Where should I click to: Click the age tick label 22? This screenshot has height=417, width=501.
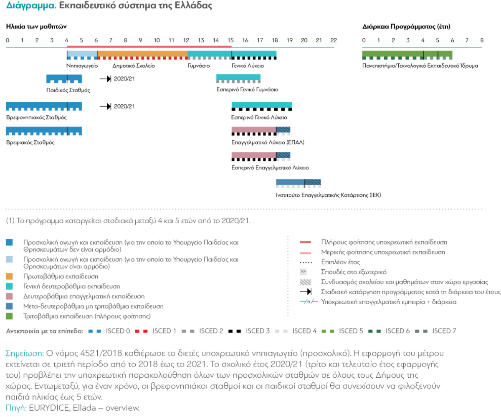point(333,40)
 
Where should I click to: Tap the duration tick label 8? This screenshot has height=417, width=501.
point(482,40)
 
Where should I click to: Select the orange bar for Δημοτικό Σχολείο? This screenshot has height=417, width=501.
point(142,54)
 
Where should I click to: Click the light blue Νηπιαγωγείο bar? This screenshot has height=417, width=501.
point(82,54)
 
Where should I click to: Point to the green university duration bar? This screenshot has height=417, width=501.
point(407,54)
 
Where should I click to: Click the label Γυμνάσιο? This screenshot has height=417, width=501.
point(198,66)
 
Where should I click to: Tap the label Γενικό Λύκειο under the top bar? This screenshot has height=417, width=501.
point(248,66)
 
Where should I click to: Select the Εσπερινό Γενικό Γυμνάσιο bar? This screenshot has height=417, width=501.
point(238,77)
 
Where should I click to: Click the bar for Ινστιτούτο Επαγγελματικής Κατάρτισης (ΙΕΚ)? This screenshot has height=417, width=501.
point(299,182)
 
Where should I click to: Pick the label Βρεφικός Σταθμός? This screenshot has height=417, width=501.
point(30,142)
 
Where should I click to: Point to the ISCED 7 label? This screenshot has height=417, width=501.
point(444,331)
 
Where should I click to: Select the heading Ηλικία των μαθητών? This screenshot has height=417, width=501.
point(37,26)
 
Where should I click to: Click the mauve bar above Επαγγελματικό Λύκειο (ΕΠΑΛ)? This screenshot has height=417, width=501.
point(254,130)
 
